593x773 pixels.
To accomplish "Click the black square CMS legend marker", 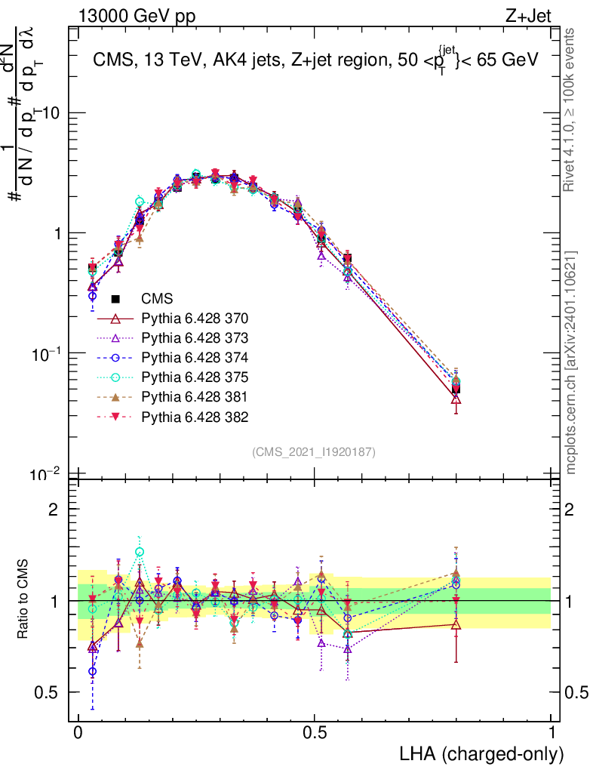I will [116, 299].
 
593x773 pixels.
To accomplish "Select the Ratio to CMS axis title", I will [23, 600].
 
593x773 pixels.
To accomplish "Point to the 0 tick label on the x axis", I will [78, 733].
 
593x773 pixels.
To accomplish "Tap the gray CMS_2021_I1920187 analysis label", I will [314, 451].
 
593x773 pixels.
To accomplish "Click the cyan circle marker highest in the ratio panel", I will [140, 552].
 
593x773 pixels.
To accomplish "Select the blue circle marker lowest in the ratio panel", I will [92, 671].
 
